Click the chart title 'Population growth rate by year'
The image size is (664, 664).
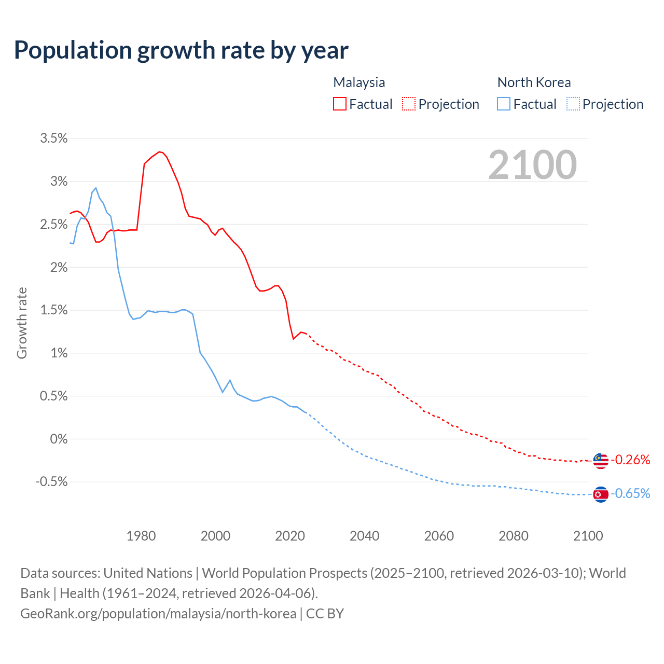click(x=181, y=50)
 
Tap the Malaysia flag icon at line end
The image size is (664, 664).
click(x=600, y=460)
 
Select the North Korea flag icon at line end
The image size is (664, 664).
click(x=600, y=494)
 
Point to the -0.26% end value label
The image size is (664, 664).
click(x=630, y=460)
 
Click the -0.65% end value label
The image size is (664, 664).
click(x=630, y=493)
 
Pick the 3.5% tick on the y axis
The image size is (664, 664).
click(x=54, y=138)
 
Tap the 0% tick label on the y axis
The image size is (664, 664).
click(x=59, y=439)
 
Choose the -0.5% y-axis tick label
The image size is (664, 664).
click(x=51, y=482)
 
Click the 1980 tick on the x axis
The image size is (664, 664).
click(x=141, y=536)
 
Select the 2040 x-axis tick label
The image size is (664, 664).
click(x=365, y=536)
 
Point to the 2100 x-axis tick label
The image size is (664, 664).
click(x=588, y=536)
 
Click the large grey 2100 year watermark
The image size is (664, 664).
click(x=532, y=165)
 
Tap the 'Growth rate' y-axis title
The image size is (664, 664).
click(x=22, y=323)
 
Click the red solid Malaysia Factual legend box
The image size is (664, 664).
click(x=340, y=104)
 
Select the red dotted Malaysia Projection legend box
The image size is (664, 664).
click(x=409, y=104)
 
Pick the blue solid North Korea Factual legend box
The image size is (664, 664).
click(x=504, y=104)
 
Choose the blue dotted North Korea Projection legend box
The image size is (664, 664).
click(x=573, y=104)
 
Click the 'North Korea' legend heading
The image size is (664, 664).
click(x=534, y=82)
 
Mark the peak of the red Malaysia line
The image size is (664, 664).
click(x=159, y=151)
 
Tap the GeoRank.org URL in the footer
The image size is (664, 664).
click(x=158, y=614)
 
